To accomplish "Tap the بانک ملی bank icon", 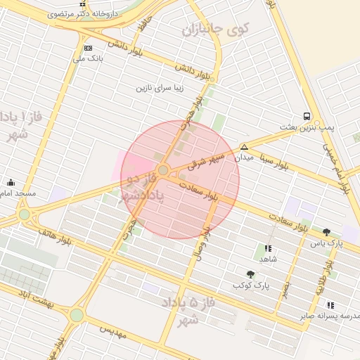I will pyautogui.click(x=88, y=48).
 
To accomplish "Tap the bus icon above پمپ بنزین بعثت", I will pyautogui.click(x=307, y=116).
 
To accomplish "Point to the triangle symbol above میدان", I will pyautogui.click(x=244, y=147).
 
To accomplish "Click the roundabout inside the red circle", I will pyautogui.click(x=163, y=170).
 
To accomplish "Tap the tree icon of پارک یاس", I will pyautogui.click(x=326, y=232).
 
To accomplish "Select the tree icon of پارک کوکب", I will pyautogui.click(x=251, y=274).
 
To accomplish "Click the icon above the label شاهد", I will pyautogui.click(x=268, y=248).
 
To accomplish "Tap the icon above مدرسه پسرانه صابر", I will pyautogui.click(x=330, y=304).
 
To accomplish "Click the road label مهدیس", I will pyautogui.click(x=112, y=330).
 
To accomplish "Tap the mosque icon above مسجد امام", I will pyautogui.click(x=10, y=181).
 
